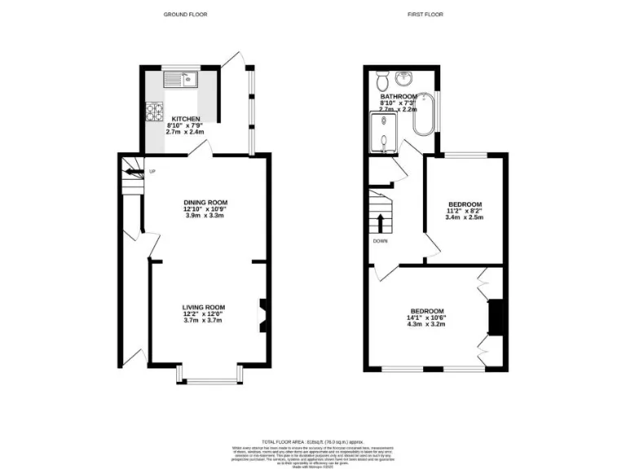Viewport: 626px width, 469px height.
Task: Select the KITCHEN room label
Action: coord(185,119)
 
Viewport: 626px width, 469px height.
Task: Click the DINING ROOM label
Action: coord(205,202)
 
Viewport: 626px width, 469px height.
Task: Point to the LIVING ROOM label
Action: coord(203,307)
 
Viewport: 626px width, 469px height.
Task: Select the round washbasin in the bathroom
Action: coord(403,78)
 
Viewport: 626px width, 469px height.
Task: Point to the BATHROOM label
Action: coord(398,96)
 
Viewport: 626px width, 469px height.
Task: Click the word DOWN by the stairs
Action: coord(381,241)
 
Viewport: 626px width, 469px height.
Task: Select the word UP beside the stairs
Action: coord(152,171)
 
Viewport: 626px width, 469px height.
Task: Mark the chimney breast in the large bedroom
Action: coord(494,318)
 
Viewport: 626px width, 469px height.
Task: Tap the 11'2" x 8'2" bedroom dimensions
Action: coord(465,212)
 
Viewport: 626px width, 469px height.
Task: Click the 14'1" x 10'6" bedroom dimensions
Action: coord(426,318)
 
